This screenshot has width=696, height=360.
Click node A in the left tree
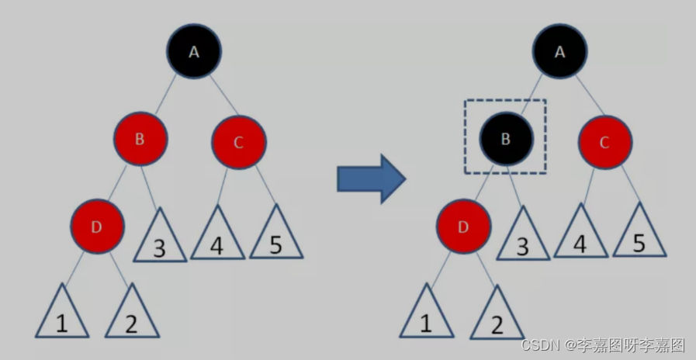coord(194,51)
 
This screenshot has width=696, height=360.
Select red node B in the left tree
coord(140,140)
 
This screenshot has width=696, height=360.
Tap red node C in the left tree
coord(239,142)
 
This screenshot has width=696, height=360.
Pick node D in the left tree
coord(97,227)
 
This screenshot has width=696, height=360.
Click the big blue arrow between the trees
coord(371,178)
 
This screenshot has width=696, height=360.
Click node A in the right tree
coord(560,51)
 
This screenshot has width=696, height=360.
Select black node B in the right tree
coord(506,138)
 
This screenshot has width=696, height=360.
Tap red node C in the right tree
coord(604,142)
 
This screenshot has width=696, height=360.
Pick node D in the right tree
coord(463,227)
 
